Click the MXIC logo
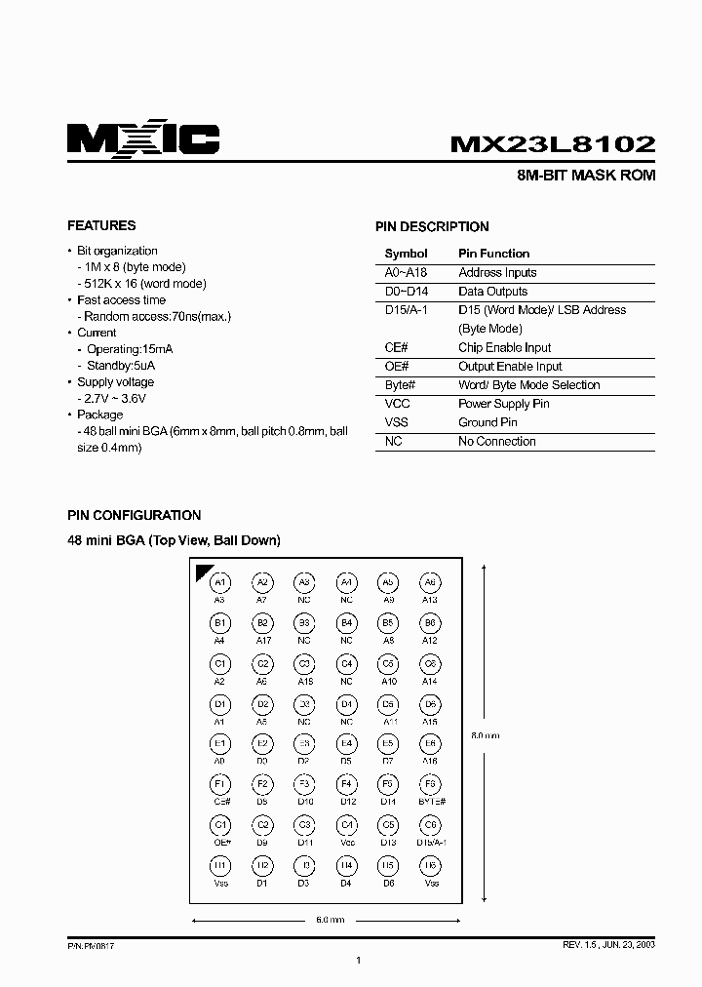tap(143, 140)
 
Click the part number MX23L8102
tap(552, 144)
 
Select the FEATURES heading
tap(101, 225)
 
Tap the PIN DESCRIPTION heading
tap(432, 226)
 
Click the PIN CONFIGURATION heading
tap(134, 515)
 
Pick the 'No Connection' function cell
tap(497, 441)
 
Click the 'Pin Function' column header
tap(493, 254)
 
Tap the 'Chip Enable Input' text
tap(504, 348)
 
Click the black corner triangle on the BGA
tap(204, 572)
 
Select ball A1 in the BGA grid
tap(220, 582)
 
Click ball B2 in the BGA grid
tap(262, 622)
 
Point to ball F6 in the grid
tap(429, 783)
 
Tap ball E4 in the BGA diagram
tap(346, 743)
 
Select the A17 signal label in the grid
tap(262, 640)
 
